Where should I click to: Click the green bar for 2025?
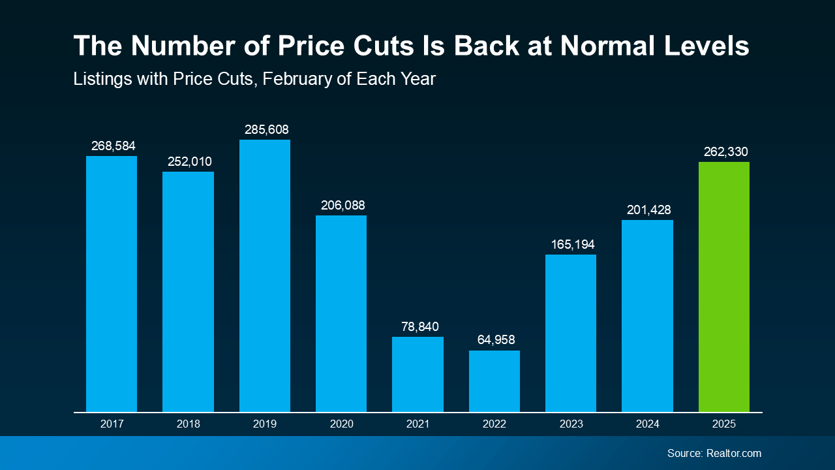coord(723,287)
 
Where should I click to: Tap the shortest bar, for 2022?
coord(494,381)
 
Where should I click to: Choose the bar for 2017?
coord(112,284)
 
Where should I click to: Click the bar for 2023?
coord(570,333)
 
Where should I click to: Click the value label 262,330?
coord(725,152)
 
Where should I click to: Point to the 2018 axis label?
coord(188,424)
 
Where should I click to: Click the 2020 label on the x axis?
coord(341,424)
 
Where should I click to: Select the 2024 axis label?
coord(647,424)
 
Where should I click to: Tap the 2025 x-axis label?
coord(723,424)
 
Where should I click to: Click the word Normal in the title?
coord(611,46)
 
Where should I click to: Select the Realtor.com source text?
coord(733,453)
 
